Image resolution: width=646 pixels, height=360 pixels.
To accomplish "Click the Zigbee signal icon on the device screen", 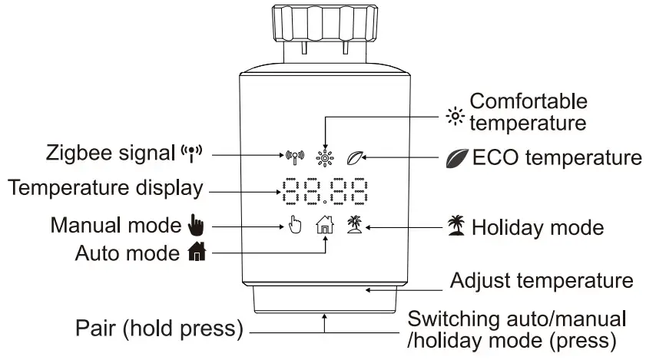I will (294, 157).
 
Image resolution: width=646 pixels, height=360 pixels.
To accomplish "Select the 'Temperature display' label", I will (104, 187).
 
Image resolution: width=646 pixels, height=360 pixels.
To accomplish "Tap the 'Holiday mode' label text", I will (538, 227).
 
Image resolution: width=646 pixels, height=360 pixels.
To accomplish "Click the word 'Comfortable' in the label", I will (528, 101).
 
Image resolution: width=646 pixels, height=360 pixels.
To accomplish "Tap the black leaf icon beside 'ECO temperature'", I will (457, 159).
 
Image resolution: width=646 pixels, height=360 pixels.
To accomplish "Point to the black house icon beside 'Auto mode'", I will (192, 251).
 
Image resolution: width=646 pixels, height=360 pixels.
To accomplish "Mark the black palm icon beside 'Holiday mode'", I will (458, 227).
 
